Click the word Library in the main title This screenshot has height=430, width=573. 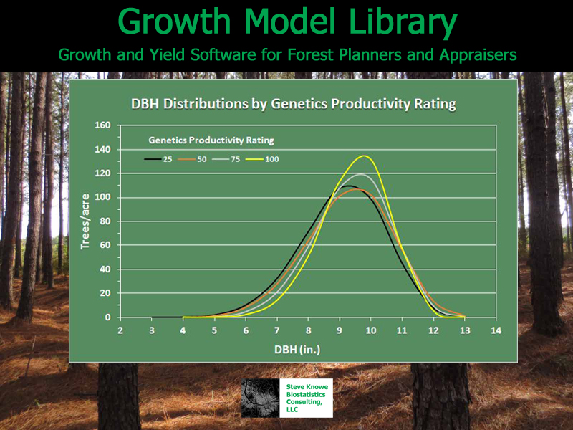pyautogui.click(x=403, y=22)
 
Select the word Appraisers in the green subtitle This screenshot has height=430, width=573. pyautogui.click(x=478, y=55)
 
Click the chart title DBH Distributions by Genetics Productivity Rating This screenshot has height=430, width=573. pyautogui.click(x=294, y=104)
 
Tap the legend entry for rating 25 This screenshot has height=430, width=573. pyautogui.click(x=158, y=159)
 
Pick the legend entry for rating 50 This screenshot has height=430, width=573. pyautogui.click(x=192, y=159)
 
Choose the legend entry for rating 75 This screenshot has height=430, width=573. pyautogui.click(x=226, y=159)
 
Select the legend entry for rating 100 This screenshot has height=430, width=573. pyautogui.click(x=262, y=159)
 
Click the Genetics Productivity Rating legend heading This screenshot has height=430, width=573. pyautogui.click(x=211, y=140)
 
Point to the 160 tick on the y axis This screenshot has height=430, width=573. pyautogui.click(x=102, y=125)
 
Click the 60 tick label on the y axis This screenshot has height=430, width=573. pyautogui.click(x=105, y=245)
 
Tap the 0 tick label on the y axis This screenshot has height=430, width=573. pyautogui.click(x=108, y=317)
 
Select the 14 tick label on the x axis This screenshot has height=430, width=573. pyautogui.click(x=496, y=330)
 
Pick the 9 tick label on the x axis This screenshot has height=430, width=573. pyautogui.click(x=340, y=330)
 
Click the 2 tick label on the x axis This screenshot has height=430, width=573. pyautogui.click(x=120, y=330)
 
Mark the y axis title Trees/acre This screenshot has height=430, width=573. pyautogui.click(x=85, y=221)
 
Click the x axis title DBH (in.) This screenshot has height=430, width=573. pyautogui.click(x=297, y=350)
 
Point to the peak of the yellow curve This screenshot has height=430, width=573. pyautogui.click(x=365, y=156)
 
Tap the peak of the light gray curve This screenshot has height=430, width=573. pyautogui.click(x=361, y=174)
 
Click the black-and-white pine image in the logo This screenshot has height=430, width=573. pyautogui.click(x=260, y=398)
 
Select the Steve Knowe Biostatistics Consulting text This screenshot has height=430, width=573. pyautogui.click(x=307, y=398)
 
